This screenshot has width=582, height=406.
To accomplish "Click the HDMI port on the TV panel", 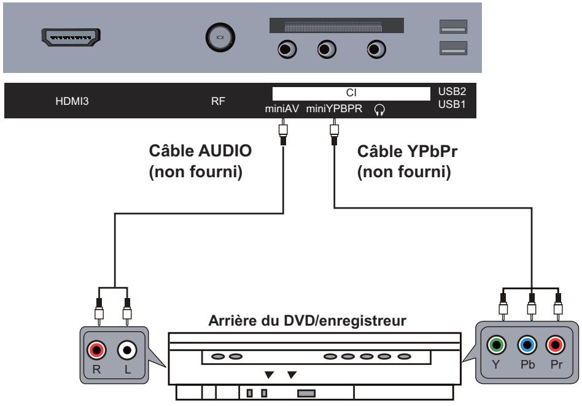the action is click(x=71, y=37).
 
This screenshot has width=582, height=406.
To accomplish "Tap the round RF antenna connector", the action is click(x=220, y=37).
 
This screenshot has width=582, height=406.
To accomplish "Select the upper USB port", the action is click(x=453, y=27).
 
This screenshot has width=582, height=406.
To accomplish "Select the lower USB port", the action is click(x=453, y=48).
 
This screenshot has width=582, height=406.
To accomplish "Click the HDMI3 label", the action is click(x=72, y=101).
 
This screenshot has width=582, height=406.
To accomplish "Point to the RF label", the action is click(x=218, y=101).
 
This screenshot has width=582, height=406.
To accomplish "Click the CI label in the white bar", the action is click(x=351, y=93).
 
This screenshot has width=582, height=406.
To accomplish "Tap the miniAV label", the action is click(x=282, y=109).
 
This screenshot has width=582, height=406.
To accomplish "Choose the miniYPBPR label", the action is click(x=334, y=109).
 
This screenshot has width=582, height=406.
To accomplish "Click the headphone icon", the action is click(x=379, y=110).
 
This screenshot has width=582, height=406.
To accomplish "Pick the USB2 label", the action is click(x=452, y=91).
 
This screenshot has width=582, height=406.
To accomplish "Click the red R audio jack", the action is click(x=96, y=350).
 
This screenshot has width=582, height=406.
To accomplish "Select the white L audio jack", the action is click(x=127, y=350).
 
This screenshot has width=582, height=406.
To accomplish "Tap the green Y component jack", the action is click(x=496, y=345).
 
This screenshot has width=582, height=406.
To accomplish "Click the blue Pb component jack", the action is click(x=527, y=345).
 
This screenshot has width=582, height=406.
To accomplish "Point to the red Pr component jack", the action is click(x=556, y=345).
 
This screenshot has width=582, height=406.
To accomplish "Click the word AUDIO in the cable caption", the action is click(x=226, y=151).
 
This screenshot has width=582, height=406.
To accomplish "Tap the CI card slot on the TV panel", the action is click(x=336, y=25).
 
